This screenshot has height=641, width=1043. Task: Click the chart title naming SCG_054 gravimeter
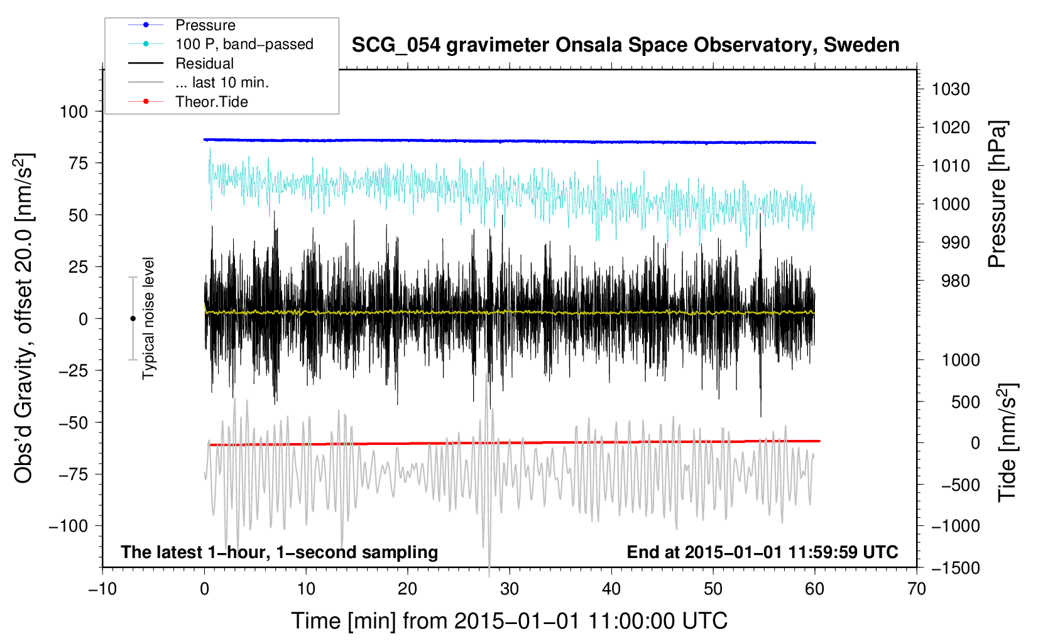[x=625, y=45]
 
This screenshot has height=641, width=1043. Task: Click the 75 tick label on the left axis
[x=78, y=163]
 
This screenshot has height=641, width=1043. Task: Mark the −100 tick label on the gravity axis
[x=68, y=526]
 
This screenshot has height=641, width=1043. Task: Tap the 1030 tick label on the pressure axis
[x=951, y=89]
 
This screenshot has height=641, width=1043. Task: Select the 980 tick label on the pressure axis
[x=956, y=281]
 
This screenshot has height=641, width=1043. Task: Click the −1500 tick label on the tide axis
[x=956, y=568]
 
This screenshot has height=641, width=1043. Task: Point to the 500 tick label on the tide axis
[x=966, y=402]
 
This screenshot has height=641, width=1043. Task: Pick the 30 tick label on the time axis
[x=510, y=589]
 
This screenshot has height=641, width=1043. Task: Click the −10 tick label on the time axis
[x=102, y=589]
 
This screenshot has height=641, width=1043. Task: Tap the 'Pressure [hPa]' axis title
[x=997, y=195]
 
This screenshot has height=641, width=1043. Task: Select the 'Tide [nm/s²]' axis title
[x=1008, y=442]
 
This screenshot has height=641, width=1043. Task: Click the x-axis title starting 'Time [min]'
[x=510, y=621]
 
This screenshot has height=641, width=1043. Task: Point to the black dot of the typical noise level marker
[x=133, y=319]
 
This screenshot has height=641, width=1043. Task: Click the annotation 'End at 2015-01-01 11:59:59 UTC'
[x=762, y=552]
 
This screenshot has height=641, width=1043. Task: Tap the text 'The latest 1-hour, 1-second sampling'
[x=280, y=552]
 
